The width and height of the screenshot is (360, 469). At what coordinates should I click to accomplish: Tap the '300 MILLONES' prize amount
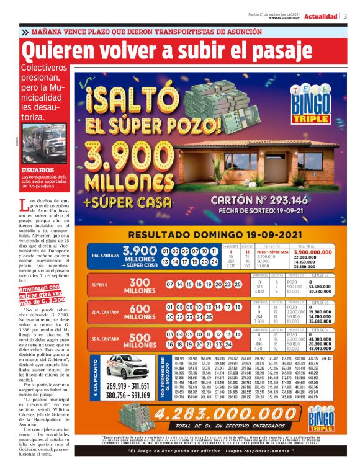(140, 286)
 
